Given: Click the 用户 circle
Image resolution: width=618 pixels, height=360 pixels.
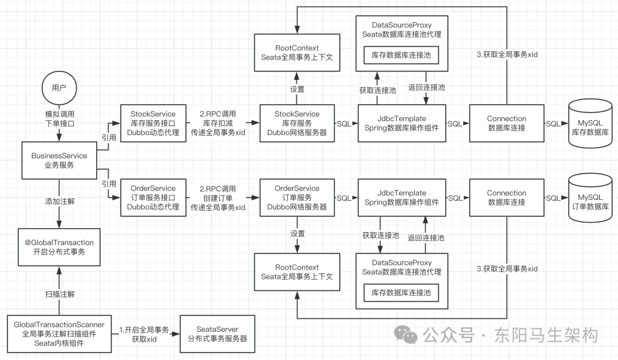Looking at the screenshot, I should coord(59,88).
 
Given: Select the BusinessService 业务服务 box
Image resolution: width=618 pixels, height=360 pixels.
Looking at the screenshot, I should coord(59,160).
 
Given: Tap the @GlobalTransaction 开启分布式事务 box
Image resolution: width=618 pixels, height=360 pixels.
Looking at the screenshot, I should coord(59,247).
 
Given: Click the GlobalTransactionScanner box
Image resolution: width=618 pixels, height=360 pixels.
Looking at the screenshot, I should coord(59,334).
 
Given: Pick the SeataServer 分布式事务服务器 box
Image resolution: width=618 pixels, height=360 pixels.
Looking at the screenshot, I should coord(217,334).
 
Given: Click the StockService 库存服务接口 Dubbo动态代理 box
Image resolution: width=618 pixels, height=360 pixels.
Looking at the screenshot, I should coord(153,123).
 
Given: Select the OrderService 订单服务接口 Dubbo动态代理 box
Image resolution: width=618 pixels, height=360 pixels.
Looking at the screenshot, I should coord(153,197).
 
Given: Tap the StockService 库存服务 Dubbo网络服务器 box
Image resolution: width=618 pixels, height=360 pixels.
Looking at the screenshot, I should coord(297,123).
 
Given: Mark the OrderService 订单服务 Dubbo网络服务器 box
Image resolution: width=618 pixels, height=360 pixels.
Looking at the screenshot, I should coord(297,197).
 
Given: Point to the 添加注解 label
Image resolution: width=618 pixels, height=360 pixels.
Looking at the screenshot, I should coord(59,201).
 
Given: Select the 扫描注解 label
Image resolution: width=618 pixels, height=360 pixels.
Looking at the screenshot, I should coord(59,294).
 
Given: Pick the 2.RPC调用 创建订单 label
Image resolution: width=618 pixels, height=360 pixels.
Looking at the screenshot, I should coord(217,197).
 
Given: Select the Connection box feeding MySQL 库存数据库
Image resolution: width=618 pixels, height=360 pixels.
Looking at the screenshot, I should coord(506,123).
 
